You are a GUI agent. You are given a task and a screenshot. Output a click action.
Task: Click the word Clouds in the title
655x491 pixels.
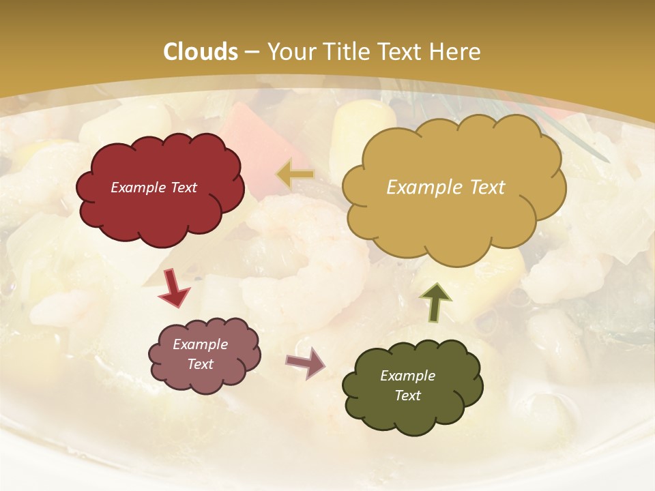pos(201,52)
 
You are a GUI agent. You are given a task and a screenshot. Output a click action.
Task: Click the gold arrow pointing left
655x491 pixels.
pos(295,175)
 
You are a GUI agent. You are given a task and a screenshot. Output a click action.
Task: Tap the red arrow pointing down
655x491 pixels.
pos(174,287)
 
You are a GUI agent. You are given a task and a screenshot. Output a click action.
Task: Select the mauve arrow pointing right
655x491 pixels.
pos(306,362)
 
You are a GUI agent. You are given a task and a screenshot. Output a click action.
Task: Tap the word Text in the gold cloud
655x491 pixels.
pos(486,187)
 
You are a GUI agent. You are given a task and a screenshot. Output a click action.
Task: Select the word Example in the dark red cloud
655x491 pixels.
pos(139,188)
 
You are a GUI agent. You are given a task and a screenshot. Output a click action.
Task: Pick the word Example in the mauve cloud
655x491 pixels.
pos(200,344)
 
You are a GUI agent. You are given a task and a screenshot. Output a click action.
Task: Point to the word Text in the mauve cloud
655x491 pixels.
pos(200,364)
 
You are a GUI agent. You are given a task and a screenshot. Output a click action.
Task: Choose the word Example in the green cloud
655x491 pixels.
pos(407,376)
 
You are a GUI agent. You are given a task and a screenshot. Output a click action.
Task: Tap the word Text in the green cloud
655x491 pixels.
pos(407,396)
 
